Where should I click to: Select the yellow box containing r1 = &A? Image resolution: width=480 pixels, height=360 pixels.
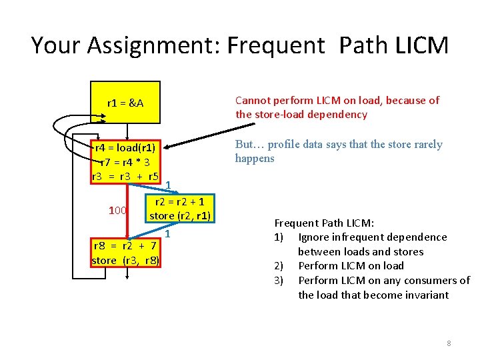pos(126,103)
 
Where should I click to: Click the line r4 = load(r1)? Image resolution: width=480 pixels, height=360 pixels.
pos(125,148)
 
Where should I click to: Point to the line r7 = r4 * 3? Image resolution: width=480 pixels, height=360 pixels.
pos(125,162)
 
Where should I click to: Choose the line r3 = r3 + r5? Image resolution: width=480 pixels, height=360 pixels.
pos(125,177)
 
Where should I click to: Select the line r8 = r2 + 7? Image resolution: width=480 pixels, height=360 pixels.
pos(125,246)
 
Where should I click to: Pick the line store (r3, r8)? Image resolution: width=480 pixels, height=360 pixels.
pos(125,260)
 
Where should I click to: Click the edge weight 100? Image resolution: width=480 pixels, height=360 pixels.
pos(118,211)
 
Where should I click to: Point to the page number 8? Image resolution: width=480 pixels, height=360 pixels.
pos(449,343)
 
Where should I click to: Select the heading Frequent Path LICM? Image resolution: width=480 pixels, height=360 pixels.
pos(324,223)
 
